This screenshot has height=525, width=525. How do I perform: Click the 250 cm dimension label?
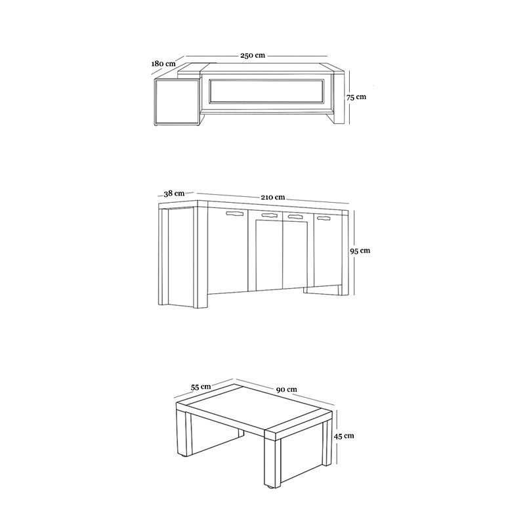coord(253,56)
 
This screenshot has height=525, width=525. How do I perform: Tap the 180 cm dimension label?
coord(163,63)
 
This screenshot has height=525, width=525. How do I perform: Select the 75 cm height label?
coord(356,97)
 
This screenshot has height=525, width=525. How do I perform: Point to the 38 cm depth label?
coord(174,194)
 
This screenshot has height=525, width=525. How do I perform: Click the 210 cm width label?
coord(273,198)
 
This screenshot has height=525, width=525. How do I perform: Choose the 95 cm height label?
coord(360,251)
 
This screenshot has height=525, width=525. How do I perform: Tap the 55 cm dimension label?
coord(201,387)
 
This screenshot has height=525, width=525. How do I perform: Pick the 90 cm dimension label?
coord(287,389)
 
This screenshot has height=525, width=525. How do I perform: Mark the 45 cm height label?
coord(344,436)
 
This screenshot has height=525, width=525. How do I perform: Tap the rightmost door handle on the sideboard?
coord(324,219)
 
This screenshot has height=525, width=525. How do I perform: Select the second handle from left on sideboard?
coord(270,215)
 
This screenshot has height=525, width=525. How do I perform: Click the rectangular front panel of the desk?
coord(266,91)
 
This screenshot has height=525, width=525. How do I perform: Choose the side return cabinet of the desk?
coord(177,102)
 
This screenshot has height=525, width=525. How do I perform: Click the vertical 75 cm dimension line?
coord(349,97)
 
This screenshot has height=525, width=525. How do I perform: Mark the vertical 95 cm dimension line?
coord(354,253)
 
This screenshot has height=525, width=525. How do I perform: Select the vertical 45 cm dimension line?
coord(337,437)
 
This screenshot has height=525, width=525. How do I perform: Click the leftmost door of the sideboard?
coord(228,252)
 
